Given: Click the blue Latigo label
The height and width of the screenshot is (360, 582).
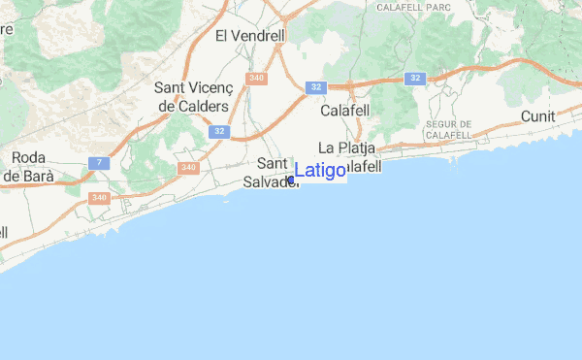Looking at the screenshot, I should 320,171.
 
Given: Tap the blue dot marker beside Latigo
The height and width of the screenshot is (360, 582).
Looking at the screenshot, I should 291,180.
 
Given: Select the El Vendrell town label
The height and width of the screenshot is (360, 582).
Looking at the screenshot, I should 249,36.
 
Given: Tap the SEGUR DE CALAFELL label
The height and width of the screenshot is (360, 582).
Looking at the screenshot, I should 448,130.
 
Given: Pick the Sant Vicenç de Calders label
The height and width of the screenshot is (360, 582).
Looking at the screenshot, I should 191,96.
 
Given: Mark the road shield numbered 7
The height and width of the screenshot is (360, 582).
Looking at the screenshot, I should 99,162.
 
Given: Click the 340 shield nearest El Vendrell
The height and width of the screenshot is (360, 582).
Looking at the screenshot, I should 257,78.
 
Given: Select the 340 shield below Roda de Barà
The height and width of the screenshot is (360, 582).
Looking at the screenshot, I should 98,197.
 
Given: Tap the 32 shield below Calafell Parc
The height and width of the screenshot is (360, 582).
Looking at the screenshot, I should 415,78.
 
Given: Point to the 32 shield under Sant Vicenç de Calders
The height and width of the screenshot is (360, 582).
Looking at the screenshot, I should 218,130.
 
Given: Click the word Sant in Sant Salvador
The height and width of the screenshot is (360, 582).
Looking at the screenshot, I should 273,164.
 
